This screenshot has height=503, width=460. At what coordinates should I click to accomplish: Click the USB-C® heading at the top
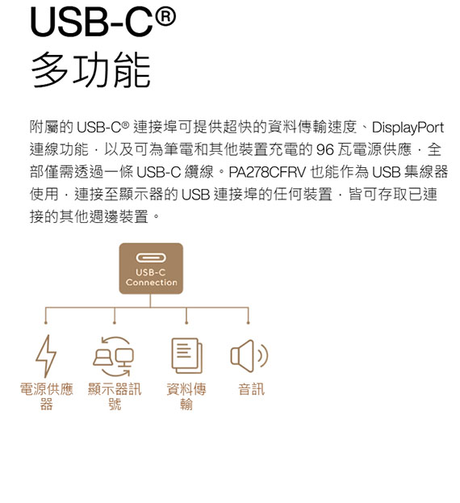click(x=103, y=23)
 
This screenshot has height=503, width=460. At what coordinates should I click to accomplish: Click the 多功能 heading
click(x=90, y=70)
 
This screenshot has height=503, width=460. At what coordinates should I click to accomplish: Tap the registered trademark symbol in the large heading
click(x=165, y=17)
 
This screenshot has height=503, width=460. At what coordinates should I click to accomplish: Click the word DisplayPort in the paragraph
click(x=408, y=128)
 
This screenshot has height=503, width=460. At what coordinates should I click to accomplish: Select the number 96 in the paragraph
click(x=324, y=150)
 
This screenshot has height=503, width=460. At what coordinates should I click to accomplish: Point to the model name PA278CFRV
click(x=267, y=172)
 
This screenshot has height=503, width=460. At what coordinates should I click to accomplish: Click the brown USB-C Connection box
click(x=151, y=269)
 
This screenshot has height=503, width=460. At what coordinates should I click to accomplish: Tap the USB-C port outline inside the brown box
click(x=151, y=258)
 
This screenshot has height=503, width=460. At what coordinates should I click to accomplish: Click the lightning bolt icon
click(x=46, y=356)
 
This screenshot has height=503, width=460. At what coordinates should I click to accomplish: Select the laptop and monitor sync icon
click(x=114, y=356)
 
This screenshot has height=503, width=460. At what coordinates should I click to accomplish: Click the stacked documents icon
click(x=187, y=355)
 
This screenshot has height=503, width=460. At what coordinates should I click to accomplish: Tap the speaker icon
click(x=249, y=355)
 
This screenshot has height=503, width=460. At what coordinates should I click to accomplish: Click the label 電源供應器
click(x=47, y=396)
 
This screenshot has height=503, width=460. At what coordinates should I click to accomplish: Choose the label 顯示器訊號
click(x=115, y=396)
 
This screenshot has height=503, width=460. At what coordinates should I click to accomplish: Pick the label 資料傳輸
click(x=186, y=396)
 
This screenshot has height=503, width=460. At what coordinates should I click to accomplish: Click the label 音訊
click(x=251, y=389)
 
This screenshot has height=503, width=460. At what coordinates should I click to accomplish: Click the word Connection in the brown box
click(x=151, y=283)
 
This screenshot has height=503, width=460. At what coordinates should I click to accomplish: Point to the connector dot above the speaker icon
click(x=248, y=323)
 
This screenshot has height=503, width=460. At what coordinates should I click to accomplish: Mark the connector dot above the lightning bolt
click(x=46, y=323)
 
